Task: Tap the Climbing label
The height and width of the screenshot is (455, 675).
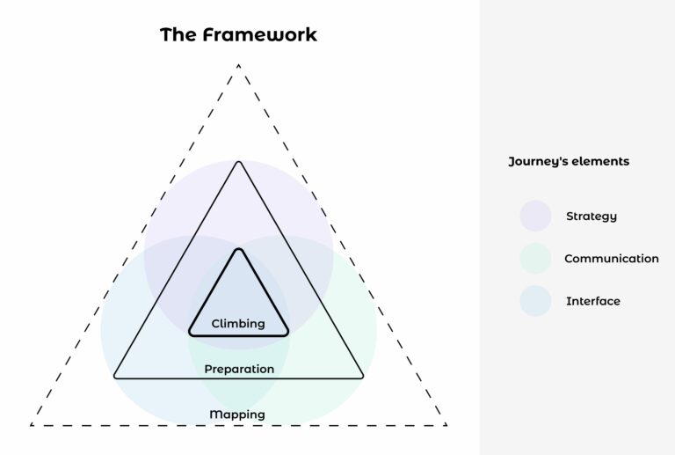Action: tap(238, 324)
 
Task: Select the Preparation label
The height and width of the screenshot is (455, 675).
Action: tap(239, 369)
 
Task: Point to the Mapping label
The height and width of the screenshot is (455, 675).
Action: tap(237, 415)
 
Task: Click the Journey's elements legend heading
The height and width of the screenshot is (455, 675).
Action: tap(569, 162)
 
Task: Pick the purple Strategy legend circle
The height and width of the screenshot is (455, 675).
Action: tap(535, 216)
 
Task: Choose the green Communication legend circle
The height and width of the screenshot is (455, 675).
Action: tap(535, 259)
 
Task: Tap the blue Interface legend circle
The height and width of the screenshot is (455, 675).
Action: tap(535, 301)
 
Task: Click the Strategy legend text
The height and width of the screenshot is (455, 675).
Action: tap(592, 216)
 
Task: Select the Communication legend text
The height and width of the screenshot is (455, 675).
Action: tap(611, 259)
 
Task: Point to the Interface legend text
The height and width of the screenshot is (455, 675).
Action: tap(593, 301)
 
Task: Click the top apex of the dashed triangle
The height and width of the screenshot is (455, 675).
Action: tap(238, 64)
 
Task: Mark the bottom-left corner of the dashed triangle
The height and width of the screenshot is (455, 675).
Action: tap(32, 424)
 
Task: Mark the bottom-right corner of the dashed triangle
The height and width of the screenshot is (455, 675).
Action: tap(446, 424)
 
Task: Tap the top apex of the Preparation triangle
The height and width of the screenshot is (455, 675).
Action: tap(238, 163)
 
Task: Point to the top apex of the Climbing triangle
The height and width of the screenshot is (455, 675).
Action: tap(238, 251)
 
